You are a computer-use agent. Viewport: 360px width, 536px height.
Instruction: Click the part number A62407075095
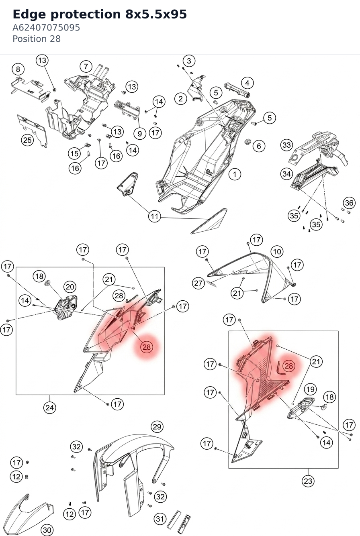click(x=46, y=28)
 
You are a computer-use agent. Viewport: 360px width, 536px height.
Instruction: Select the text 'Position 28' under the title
click(x=37, y=39)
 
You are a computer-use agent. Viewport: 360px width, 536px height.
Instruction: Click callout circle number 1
click(x=235, y=174)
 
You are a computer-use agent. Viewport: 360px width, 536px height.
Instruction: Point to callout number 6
click(x=259, y=146)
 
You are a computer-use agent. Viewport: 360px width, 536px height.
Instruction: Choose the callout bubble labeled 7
click(x=86, y=66)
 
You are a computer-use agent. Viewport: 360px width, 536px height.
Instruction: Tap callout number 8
click(x=18, y=69)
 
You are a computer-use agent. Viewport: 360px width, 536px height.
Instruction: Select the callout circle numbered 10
click(x=277, y=251)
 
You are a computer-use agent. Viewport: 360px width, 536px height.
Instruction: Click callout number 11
click(x=154, y=216)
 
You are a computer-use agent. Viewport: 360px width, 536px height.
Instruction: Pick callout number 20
click(x=70, y=287)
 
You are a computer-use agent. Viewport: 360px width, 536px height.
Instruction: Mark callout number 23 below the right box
click(x=308, y=481)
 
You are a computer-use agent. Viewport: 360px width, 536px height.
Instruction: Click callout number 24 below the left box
click(x=49, y=407)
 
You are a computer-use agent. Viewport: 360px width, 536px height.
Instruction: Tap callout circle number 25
click(x=27, y=140)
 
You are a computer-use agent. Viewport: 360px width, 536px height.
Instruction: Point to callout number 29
click(x=157, y=427)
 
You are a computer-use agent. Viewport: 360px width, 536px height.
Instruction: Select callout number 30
click(x=47, y=530)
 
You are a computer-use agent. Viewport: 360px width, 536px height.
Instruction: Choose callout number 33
click(x=287, y=145)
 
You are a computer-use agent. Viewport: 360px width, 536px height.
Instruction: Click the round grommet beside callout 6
click(x=247, y=142)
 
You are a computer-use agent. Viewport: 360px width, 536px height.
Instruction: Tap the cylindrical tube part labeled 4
click(x=237, y=90)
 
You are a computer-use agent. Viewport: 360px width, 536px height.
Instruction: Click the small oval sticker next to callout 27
click(x=211, y=283)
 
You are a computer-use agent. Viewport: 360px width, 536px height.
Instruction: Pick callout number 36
click(x=349, y=203)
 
